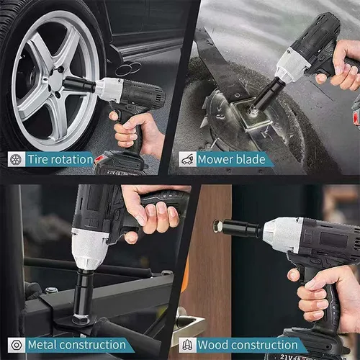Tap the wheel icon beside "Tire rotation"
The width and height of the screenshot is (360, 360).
click(17, 159)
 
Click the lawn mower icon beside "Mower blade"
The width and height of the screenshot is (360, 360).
click(188, 159)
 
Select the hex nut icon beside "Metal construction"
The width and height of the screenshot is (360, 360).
click(17, 345)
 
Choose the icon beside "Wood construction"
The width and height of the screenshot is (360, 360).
click(188, 345)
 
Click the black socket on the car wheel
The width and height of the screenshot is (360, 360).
click(79, 84)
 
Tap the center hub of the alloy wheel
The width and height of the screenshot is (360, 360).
click(55, 81)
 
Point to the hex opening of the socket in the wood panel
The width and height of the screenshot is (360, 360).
click(218, 226)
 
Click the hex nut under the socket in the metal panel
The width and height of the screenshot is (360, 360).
click(81, 319)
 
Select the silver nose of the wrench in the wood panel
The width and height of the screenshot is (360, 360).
click(283, 235)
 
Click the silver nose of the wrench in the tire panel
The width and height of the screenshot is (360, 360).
click(109, 89)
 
